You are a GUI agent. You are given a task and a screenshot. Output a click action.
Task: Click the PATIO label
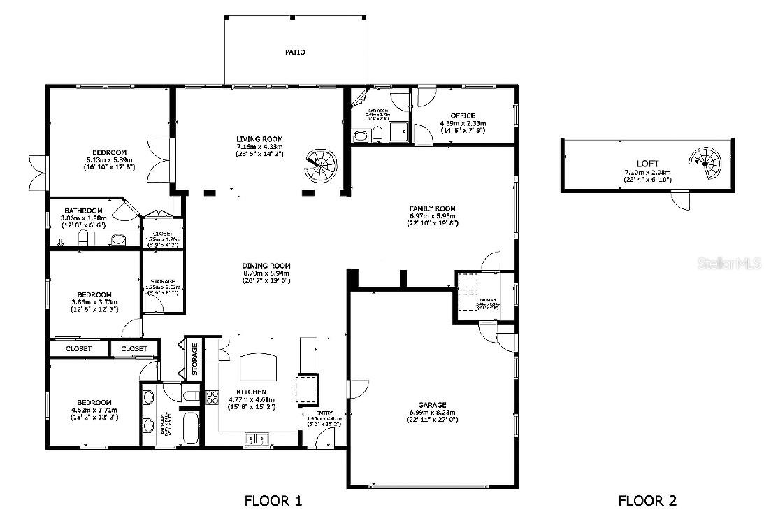pos(294,52)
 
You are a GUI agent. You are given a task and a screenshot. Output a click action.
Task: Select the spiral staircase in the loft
pos(707,165)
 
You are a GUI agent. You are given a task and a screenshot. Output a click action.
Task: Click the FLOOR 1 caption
pos(273,501)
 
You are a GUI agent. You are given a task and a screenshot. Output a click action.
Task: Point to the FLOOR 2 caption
pos(647,501)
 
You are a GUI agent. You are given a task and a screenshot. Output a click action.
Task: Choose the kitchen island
pos(259,366)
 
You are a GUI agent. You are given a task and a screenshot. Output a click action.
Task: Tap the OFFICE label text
pos(463,115)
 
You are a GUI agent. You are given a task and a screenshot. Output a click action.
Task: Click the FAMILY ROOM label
pos(432,208)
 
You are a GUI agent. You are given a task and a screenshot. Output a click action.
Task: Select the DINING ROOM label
pos(266,266)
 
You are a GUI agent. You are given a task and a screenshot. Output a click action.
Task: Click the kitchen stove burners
pos(212,398)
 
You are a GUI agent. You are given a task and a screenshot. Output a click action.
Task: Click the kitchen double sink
pos(258,439)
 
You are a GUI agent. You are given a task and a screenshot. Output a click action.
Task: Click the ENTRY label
pos(324,413)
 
